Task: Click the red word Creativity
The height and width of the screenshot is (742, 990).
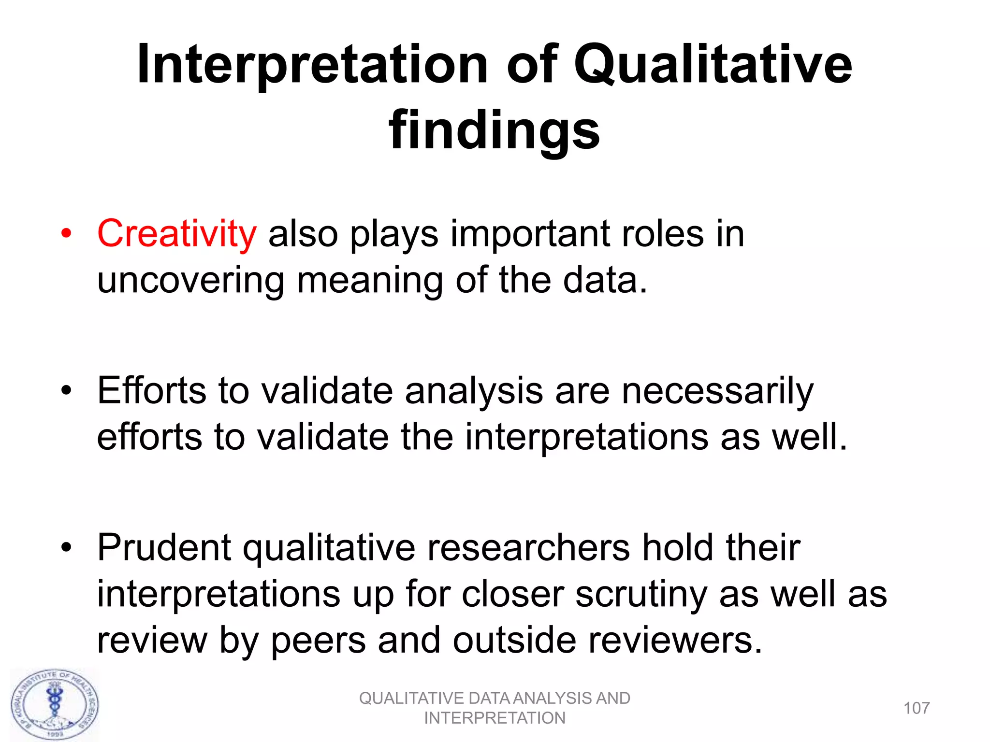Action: click(176, 234)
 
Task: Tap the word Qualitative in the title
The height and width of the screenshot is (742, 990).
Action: click(713, 65)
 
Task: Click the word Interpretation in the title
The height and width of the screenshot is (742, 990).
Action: click(312, 65)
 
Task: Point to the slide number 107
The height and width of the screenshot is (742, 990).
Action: click(917, 708)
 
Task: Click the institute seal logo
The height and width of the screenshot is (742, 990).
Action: click(55, 705)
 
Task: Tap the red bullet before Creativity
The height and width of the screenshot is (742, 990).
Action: click(66, 234)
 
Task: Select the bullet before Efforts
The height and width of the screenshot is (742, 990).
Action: click(66, 390)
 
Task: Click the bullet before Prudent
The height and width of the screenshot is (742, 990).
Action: click(66, 547)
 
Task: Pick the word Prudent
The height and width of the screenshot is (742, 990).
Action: click(164, 547)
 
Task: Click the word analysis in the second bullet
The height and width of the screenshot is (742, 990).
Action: click(474, 390)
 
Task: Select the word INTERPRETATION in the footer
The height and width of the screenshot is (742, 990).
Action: click(495, 718)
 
